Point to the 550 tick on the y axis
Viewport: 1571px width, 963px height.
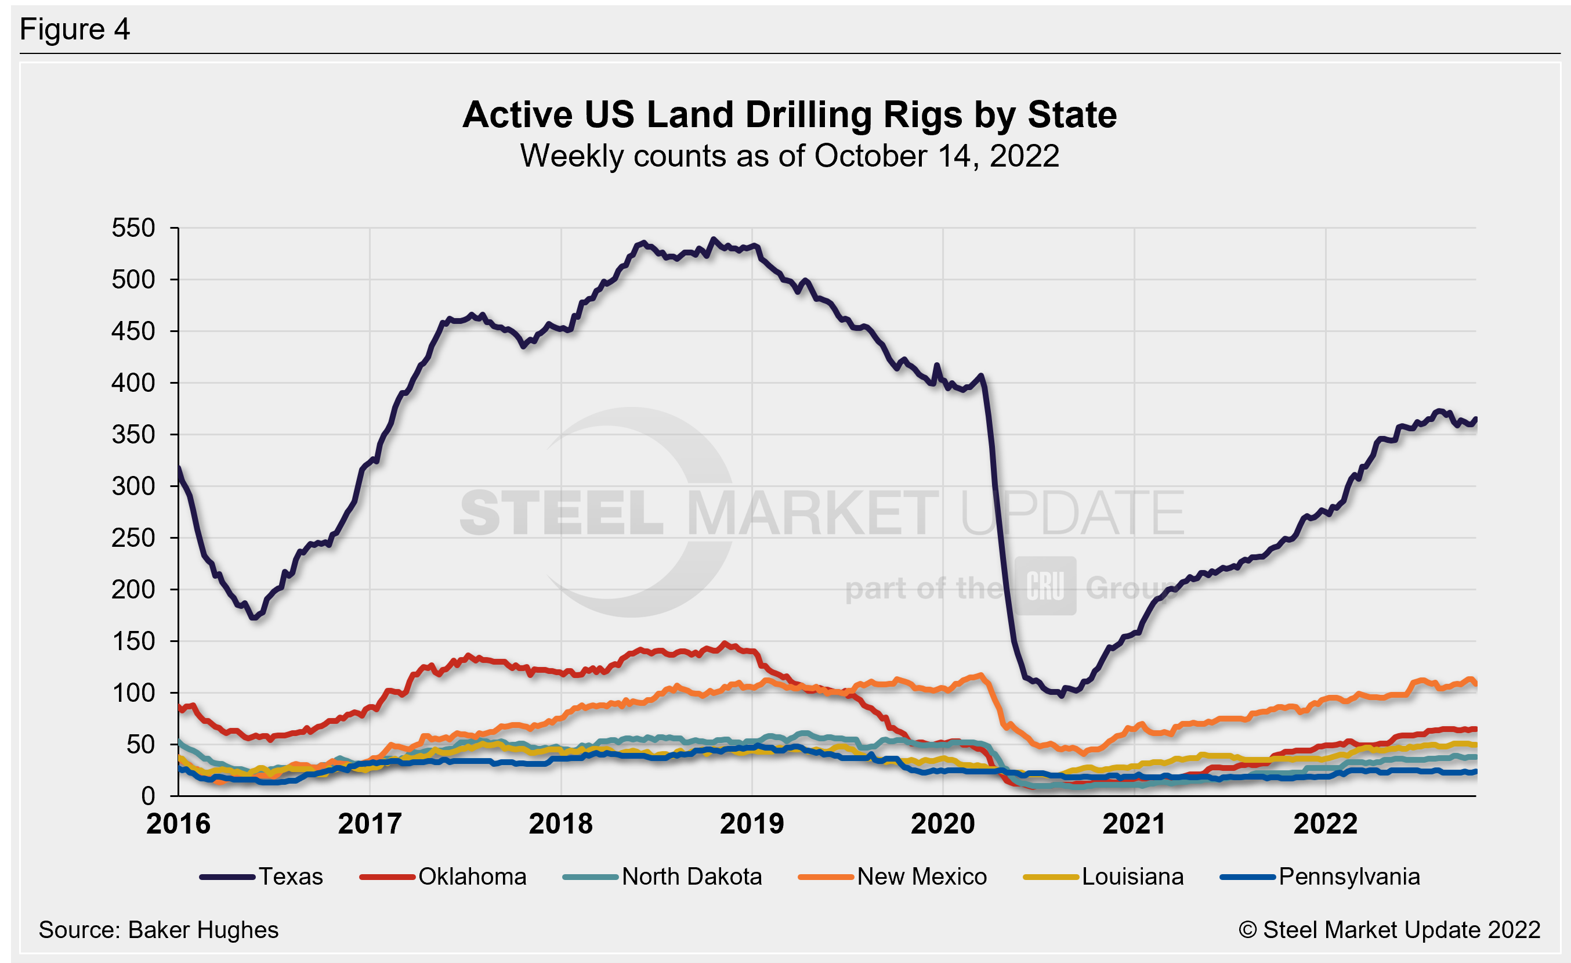[133, 228]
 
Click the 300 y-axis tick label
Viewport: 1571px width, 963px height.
[133, 486]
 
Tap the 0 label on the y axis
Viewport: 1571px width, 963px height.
[148, 796]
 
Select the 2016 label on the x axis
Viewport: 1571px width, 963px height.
[179, 824]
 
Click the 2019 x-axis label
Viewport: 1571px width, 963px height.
[752, 824]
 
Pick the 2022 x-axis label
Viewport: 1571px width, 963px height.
[1325, 824]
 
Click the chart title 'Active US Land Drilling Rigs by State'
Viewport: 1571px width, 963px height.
[790, 115]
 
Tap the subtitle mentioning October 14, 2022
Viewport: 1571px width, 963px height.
[790, 156]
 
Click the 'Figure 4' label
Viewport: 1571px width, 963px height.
[75, 30]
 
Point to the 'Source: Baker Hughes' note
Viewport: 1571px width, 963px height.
[158, 930]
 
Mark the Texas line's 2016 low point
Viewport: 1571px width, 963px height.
[254, 618]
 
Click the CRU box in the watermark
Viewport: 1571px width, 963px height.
[1045, 586]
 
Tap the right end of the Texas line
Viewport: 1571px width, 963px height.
[1475, 419]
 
